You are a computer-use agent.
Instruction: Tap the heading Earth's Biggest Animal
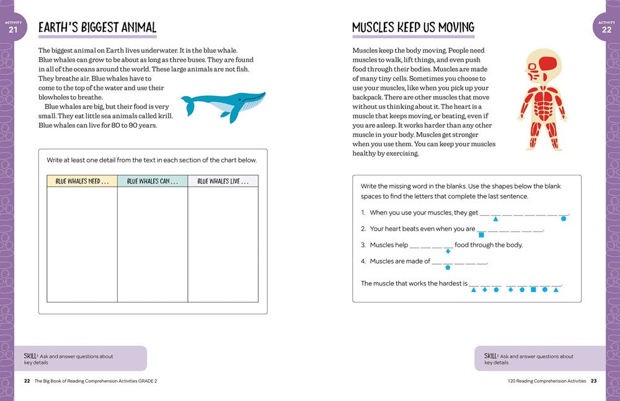[97, 27]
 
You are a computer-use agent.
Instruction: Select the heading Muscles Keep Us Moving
[413, 27]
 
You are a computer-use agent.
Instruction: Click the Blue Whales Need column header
[82, 181]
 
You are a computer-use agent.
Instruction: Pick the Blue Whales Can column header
[153, 181]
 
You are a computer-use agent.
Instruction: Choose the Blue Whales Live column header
[223, 181]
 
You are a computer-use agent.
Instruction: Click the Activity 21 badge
[13, 28]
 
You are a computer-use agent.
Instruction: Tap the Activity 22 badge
[606, 28]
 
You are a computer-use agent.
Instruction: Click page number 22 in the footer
[27, 381]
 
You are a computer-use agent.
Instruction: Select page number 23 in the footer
[593, 381]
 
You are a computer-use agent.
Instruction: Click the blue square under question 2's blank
[481, 235]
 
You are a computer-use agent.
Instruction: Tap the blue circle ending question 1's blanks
[563, 218]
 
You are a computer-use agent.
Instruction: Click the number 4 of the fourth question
[363, 261]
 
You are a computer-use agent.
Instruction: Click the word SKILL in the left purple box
[30, 356]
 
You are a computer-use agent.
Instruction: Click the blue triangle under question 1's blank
[495, 218]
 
